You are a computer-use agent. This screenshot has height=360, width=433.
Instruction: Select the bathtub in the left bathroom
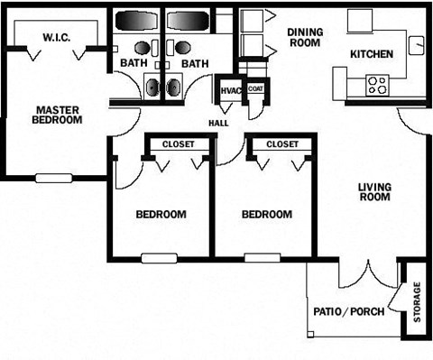(x=136, y=22)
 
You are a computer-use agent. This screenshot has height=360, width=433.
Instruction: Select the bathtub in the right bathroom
(x=187, y=22)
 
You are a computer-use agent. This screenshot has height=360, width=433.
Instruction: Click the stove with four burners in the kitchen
(x=376, y=87)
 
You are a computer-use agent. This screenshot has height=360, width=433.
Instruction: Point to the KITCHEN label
(x=371, y=54)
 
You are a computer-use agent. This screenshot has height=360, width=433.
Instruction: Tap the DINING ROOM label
(x=305, y=37)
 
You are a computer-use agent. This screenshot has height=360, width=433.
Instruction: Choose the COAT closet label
(x=255, y=88)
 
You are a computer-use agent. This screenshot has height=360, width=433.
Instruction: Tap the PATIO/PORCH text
(x=348, y=312)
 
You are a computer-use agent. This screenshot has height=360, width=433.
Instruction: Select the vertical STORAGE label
(x=417, y=303)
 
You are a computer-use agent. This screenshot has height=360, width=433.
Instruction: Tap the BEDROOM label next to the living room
(x=267, y=215)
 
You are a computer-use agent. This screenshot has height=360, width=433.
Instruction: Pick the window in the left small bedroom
(x=159, y=258)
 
